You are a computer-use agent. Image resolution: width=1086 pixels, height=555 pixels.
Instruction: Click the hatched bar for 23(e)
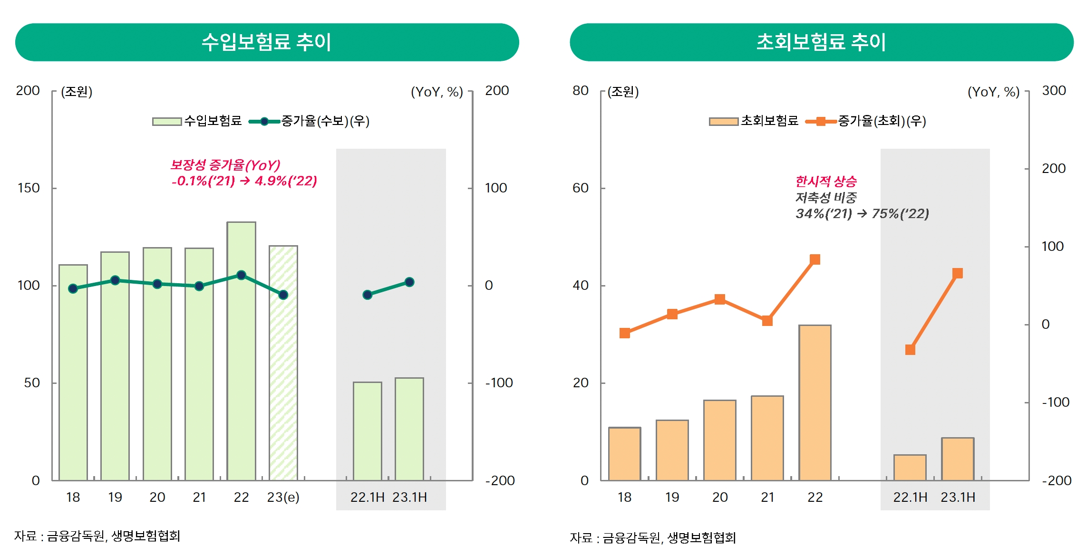coord(283,364)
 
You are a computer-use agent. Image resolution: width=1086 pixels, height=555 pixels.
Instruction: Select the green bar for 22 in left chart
coord(241,352)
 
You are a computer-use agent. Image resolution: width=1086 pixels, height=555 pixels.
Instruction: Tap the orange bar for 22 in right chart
coord(814,403)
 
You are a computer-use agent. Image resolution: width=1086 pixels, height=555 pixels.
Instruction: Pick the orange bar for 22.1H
coord(910,468)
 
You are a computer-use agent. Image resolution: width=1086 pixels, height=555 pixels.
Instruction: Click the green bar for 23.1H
coord(409,429)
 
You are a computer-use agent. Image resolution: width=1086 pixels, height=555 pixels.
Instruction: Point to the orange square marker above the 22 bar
coord(814,259)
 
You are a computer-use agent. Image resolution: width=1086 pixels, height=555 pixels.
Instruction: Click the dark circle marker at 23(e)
coord(283,295)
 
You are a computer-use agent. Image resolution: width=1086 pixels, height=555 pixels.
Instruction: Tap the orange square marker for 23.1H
coord(958,273)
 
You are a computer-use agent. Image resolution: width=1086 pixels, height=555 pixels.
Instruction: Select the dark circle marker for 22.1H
coord(367,295)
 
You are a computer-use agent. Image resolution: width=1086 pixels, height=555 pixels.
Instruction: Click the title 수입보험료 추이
coord(267,42)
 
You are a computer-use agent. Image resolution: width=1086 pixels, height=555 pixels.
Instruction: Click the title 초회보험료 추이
coord(821,42)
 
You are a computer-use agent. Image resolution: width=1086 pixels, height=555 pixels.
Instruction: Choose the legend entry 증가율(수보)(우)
coord(325,121)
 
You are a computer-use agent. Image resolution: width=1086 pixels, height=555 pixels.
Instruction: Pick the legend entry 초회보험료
coord(769,121)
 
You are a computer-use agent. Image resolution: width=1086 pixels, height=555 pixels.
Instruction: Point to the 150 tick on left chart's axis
coord(29,188)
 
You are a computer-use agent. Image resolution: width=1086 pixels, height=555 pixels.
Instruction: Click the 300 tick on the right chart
coord(1054,91)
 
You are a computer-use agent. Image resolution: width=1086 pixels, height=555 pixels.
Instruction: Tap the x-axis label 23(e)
coord(283,497)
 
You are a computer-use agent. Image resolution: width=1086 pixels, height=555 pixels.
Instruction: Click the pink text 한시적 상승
coord(826,181)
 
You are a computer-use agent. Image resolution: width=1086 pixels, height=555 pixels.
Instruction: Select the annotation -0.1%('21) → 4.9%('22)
coord(244,181)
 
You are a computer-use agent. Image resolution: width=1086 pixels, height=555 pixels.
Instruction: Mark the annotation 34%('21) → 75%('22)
coord(862,214)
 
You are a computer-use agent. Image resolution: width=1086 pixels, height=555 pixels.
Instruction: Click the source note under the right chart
coord(653,538)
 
